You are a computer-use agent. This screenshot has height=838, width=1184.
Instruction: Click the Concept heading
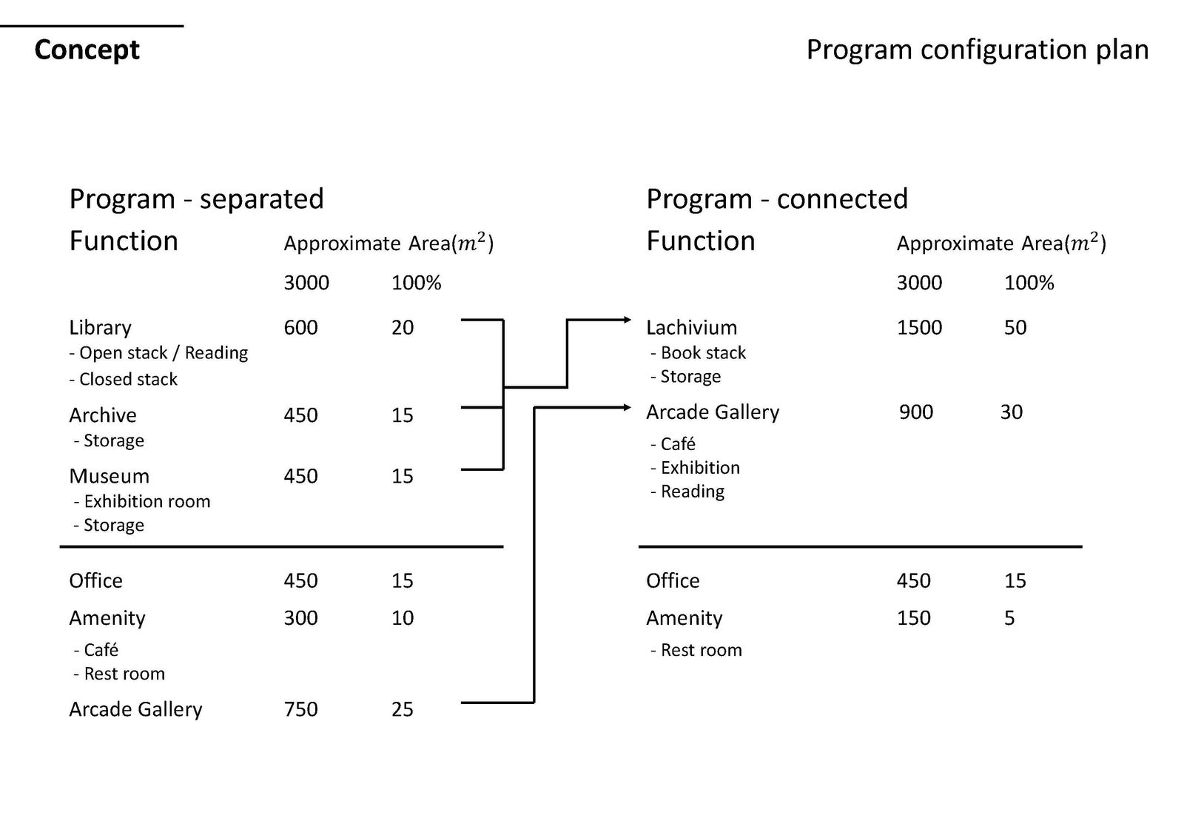point(87,51)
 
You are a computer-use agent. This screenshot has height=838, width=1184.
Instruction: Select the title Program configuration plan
point(978,51)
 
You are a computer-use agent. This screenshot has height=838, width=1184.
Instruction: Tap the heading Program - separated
point(196,200)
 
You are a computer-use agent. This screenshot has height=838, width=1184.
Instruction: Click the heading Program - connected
point(777,200)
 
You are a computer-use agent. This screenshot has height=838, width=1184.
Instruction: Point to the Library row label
point(100,328)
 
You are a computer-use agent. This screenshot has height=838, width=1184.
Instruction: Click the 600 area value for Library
point(300,328)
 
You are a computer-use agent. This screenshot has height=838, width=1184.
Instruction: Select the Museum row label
point(109,476)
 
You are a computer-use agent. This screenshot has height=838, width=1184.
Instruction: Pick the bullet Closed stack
point(123,379)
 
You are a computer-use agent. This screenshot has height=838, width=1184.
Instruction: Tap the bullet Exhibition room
point(142,501)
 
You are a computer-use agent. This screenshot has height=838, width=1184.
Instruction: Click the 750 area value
point(300,709)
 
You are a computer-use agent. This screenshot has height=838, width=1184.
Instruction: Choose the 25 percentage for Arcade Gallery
point(403,709)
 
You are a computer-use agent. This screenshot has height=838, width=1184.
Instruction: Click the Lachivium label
point(691,328)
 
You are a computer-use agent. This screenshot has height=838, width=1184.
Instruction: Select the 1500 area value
point(919,328)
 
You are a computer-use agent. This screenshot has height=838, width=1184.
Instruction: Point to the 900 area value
point(916,412)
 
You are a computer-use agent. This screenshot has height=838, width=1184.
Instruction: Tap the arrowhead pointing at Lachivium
point(628,320)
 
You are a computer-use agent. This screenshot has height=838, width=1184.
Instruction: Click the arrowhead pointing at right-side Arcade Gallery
point(628,407)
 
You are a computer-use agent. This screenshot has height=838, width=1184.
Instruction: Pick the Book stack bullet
point(699,352)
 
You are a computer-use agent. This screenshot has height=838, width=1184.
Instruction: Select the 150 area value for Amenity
point(913,618)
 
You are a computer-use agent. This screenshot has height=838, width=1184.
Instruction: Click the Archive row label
point(103,415)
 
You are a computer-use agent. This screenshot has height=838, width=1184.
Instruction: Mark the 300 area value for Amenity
point(300,618)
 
